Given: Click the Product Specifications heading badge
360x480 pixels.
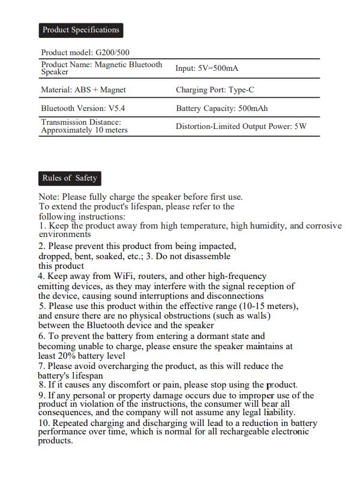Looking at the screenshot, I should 80,30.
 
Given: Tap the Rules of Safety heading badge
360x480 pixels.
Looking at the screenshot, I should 70,178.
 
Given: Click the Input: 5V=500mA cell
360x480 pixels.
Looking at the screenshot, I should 207,68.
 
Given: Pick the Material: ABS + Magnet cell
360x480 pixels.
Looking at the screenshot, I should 83,90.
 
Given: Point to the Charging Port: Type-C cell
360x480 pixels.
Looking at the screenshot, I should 215,90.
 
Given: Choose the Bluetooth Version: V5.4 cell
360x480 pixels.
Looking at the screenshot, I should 83,109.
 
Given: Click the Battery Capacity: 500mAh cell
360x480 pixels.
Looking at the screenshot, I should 221,109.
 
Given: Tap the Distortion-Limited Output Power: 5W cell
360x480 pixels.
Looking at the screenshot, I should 241,127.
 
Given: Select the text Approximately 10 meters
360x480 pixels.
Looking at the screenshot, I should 84,130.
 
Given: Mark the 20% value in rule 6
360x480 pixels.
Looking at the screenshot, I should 66,356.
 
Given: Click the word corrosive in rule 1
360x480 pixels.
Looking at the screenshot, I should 323,226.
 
